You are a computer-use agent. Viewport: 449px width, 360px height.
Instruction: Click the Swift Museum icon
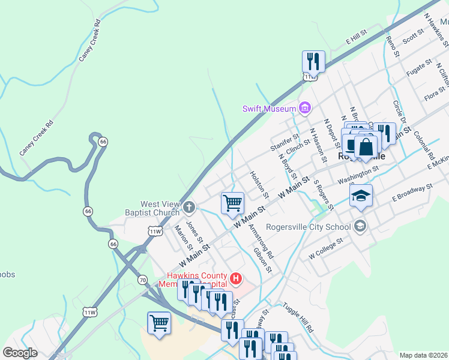[x=305, y=108]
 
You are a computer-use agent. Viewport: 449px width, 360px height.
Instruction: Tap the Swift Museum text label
[x=270, y=109]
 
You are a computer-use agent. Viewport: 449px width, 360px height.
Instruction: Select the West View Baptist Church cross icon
[x=189, y=208]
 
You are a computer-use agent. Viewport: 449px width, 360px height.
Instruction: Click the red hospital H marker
[x=237, y=279]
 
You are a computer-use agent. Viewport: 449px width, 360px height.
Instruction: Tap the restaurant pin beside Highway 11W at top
[x=313, y=61]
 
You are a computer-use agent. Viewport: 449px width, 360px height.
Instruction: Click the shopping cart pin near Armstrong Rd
[x=232, y=203]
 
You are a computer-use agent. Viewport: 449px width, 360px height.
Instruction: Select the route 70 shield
[x=142, y=280]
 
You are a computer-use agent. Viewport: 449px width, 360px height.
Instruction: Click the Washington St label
[x=358, y=174]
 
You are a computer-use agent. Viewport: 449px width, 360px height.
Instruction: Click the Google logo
[x=20, y=353]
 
